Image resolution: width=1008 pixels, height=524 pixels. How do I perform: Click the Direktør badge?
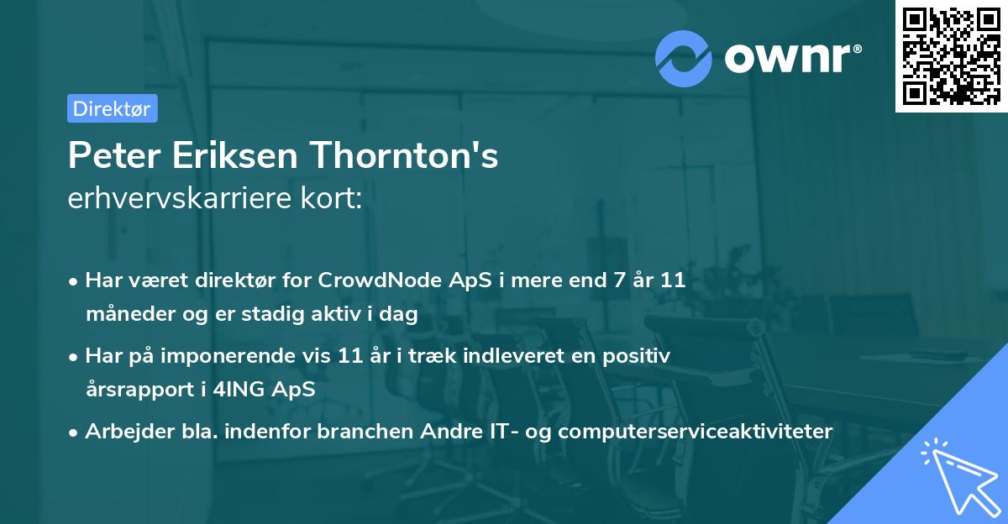[x=112, y=108]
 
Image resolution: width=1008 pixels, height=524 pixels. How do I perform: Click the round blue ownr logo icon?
[x=685, y=59]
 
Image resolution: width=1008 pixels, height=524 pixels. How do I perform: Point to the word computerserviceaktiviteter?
[x=695, y=432]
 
